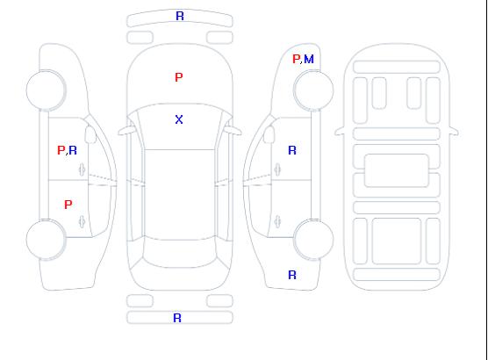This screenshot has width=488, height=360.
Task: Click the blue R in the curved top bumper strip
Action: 180,16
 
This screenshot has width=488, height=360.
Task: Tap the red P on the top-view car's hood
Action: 179,77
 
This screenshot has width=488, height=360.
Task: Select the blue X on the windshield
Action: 179,119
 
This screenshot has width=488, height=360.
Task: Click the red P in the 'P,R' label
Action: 61,150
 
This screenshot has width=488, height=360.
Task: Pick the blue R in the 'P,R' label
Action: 73,150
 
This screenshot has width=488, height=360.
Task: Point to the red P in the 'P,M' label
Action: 296,59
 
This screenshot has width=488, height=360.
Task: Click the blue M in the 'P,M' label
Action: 309,59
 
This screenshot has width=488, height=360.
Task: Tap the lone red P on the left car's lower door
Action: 68,205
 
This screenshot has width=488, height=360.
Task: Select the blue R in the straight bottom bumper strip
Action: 177,318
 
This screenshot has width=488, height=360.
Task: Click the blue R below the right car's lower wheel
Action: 292,275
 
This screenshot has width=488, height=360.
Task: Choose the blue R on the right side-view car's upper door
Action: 292,150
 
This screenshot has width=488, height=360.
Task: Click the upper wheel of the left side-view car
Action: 46,90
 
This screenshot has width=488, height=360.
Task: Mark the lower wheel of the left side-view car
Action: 46,240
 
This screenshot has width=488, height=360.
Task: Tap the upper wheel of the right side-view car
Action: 313,90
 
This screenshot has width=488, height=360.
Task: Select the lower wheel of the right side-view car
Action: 313,240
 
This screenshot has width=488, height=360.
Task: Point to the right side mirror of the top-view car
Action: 233,131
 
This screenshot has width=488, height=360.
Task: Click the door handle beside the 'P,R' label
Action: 82,169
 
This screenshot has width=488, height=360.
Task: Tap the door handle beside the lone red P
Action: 82,221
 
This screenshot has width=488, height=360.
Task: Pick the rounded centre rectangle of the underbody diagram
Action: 397,170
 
